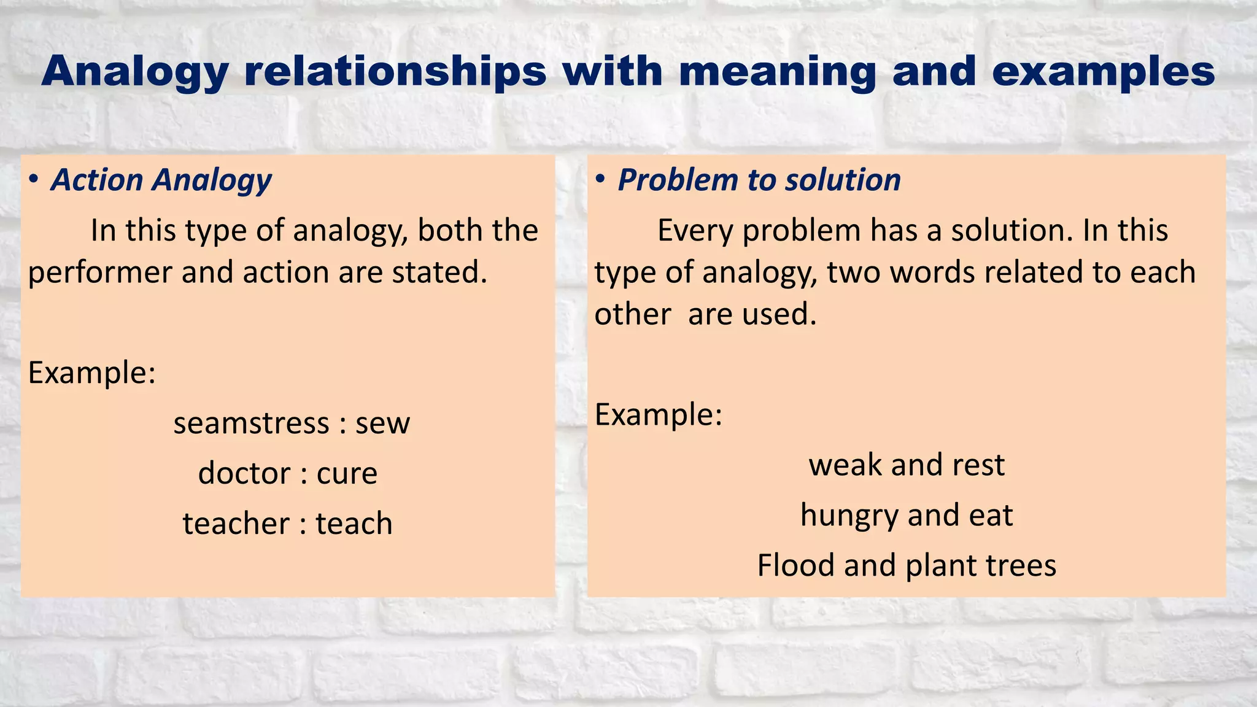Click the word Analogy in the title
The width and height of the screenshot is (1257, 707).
(135, 72)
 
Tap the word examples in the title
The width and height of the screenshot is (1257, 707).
(1103, 72)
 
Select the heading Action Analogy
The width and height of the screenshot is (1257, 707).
(161, 180)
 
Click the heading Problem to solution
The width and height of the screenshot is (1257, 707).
(759, 180)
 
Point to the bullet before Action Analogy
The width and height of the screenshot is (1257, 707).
(34, 180)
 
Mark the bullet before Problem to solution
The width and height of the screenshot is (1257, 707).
(600, 180)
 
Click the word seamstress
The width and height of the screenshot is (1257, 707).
(251, 423)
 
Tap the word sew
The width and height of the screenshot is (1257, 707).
(382, 423)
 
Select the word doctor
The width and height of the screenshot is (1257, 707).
(244, 474)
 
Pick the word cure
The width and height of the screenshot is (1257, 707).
(347, 474)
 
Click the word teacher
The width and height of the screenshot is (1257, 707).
(236, 524)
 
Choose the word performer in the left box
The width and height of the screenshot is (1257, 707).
(100, 272)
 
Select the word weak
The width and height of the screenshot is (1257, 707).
(845, 465)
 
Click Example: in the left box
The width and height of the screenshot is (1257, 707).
(92, 373)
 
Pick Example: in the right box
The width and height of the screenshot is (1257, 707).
(659, 415)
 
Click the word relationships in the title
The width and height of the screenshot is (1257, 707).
(395, 72)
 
